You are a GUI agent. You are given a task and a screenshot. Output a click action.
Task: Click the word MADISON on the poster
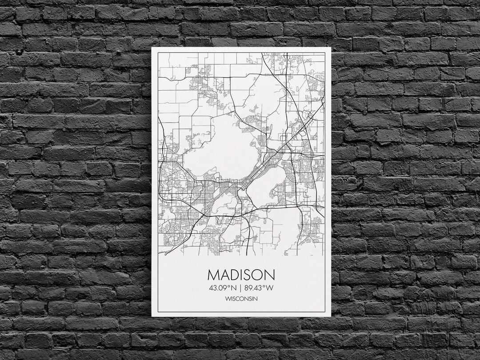pos(241,274)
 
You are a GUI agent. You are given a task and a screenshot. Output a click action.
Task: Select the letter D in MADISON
pos(234,274)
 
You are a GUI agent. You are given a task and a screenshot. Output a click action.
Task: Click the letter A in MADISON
pos(224,274)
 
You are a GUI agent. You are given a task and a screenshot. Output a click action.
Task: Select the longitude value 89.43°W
pos(258,288)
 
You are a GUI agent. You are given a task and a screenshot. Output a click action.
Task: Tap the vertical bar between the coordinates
pos(240,288)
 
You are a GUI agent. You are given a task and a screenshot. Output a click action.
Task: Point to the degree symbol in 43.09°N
pos(228,286)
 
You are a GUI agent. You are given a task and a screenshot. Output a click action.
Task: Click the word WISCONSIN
pos(241,298)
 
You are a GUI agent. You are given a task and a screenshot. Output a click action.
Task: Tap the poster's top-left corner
pos(152,48)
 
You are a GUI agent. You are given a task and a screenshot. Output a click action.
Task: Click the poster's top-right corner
pos(331,48)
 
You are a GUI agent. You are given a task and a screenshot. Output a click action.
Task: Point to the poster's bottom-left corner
pos(152,316)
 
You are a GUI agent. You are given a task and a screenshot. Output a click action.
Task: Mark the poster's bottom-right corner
pos(331,316)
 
